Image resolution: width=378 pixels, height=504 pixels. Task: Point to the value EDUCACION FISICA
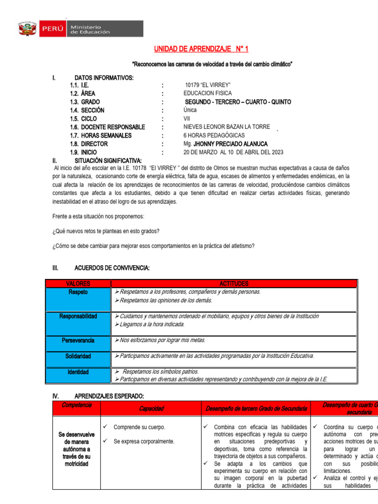(x=207, y=94)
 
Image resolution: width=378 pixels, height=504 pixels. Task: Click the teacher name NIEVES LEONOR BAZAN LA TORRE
(x=226, y=127)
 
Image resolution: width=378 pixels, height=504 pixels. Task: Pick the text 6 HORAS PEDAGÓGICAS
(x=214, y=135)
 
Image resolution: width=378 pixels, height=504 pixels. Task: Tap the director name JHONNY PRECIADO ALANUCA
(x=225, y=144)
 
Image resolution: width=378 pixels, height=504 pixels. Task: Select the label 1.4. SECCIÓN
(x=87, y=110)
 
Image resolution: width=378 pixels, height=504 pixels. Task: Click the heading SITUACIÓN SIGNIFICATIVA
(x=108, y=160)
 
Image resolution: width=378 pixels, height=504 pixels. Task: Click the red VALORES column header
(x=78, y=283)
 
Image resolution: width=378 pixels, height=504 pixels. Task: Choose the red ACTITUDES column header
(x=234, y=283)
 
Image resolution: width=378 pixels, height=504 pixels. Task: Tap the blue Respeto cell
(x=78, y=299)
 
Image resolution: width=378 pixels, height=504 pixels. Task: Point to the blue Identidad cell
(x=78, y=376)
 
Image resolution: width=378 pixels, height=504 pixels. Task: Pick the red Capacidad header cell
(x=151, y=409)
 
